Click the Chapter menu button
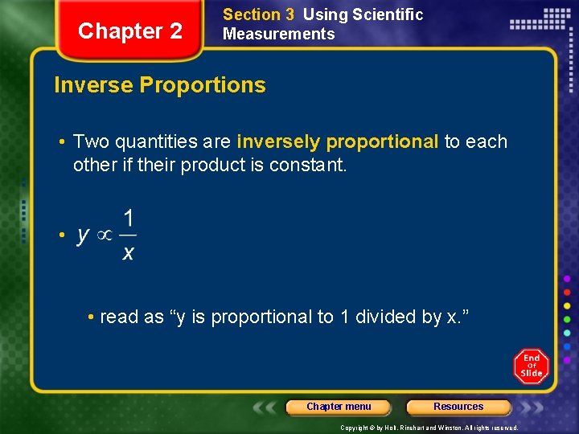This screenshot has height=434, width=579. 339,407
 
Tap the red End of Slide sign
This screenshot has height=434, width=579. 531,366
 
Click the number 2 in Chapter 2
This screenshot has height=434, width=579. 175,31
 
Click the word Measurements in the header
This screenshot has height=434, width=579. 278,34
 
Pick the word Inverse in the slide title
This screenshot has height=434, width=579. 91,85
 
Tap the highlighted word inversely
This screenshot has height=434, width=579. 278,142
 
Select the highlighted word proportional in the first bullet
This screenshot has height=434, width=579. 382,142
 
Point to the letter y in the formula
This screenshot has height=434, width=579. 83,235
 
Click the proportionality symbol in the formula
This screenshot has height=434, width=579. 105,235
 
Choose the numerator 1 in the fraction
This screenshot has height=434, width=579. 128,218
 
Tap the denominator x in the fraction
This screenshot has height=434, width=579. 128,253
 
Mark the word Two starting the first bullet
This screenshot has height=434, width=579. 90,142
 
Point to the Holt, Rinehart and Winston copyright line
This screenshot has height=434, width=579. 429,428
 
